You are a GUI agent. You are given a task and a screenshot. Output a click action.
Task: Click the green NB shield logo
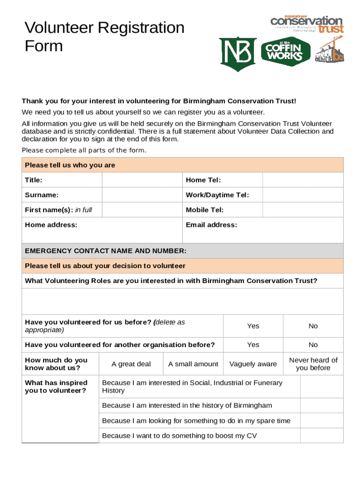pyautogui.click(x=238, y=54)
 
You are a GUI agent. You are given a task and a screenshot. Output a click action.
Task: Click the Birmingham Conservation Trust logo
pyautogui.click(x=307, y=24)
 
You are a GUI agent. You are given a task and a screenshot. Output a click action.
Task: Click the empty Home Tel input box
pyautogui.click(x=302, y=180)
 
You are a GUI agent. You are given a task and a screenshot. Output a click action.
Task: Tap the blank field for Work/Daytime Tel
pyautogui.click(x=302, y=195)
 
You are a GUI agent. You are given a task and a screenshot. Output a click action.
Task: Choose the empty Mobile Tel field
pyautogui.click(x=302, y=210)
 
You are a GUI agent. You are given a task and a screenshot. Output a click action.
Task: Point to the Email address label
pyautogui.click(x=211, y=225)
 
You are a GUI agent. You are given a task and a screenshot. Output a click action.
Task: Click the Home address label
pyautogui.click(x=51, y=225)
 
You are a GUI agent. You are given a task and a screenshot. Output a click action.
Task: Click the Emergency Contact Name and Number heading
pyautogui.click(x=106, y=251)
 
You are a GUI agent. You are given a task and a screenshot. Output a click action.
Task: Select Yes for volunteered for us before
pyautogui.click(x=253, y=326)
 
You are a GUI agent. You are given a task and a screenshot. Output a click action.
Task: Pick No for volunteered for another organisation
pyautogui.click(x=313, y=345)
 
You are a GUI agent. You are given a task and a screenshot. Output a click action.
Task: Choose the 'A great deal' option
pyautogui.click(x=131, y=364)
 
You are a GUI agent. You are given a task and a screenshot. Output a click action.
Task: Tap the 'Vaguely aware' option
pyautogui.click(x=253, y=364)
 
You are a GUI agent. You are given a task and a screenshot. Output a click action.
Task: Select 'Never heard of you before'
pyautogui.click(x=313, y=364)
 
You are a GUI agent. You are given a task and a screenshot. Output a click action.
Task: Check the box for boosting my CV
pyautogui.click(x=321, y=435)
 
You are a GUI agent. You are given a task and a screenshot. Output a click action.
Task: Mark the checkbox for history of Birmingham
pyautogui.click(x=321, y=405)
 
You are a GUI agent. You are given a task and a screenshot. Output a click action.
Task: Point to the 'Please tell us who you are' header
pyautogui.click(x=70, y=165)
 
